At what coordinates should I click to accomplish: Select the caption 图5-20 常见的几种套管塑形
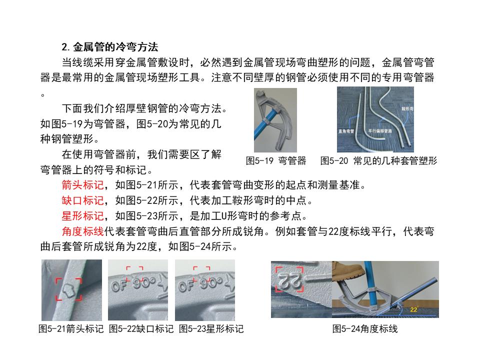pos(378,160)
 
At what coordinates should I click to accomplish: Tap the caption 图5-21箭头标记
pos(71,329)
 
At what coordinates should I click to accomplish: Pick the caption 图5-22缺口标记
pos(141,329)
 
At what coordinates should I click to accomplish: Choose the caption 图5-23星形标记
pos(211,329)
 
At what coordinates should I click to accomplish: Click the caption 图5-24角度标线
pos(365,329)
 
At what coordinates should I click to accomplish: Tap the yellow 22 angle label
pos(413,309)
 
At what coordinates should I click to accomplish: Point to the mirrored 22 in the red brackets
pos(288,278)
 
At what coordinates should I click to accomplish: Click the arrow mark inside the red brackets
pos(69,290)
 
